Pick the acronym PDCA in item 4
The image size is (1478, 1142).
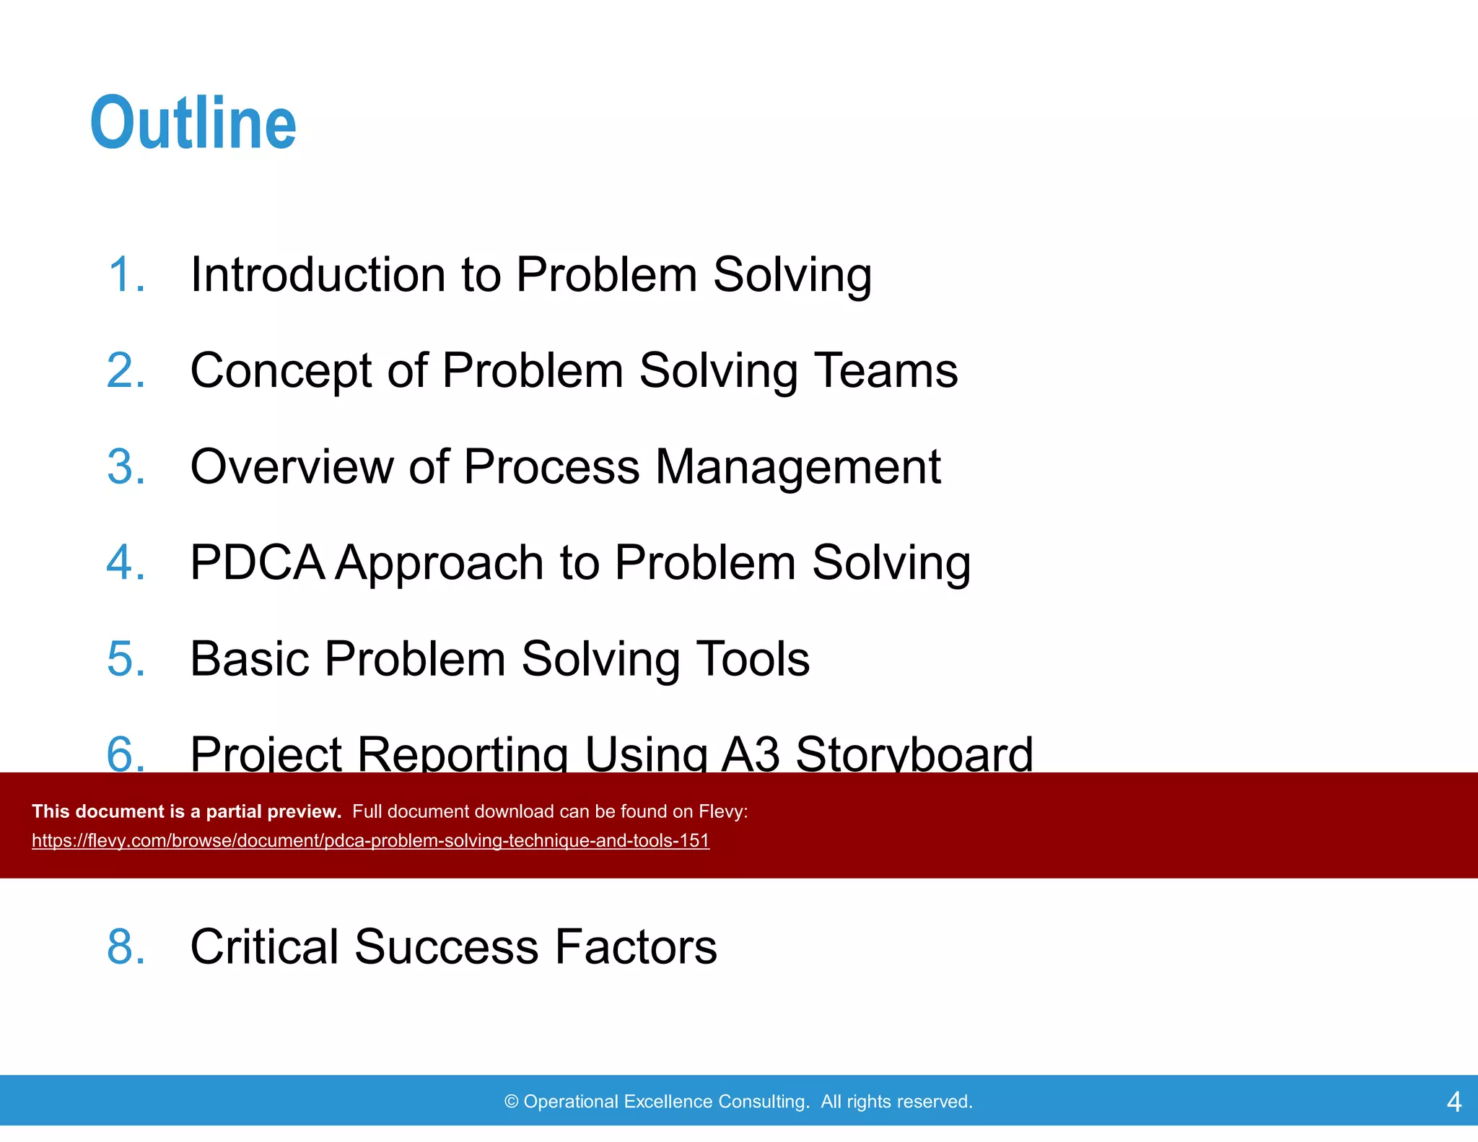(257, 563)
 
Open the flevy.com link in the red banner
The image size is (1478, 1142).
(370, 841)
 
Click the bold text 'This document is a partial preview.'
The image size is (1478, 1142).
(186, 811)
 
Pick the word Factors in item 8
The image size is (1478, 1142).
(635, 946)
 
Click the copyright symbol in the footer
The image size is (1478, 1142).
(512, 1102)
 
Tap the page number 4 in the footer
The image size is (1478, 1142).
(1453, 1102)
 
